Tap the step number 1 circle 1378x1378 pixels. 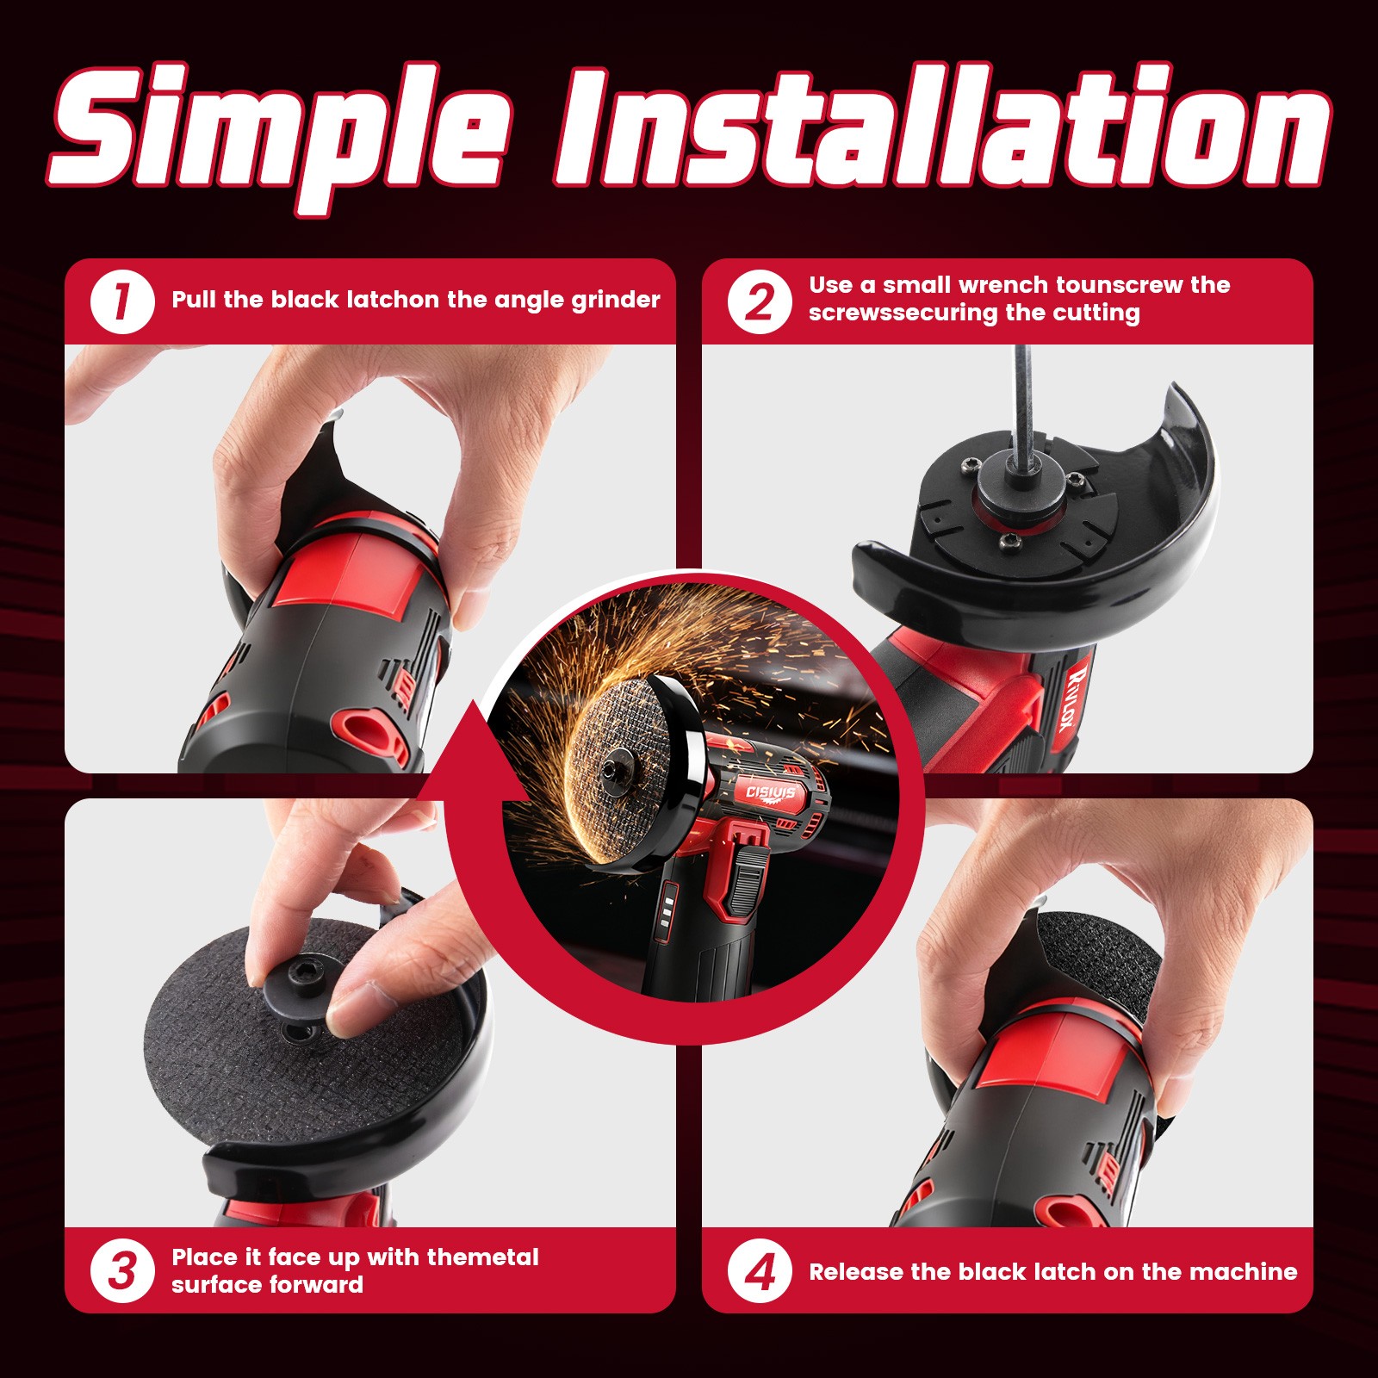[121, 301]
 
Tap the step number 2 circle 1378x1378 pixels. [759, 301]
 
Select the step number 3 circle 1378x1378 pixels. [121, 1271]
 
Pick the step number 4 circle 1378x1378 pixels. [759, 1271]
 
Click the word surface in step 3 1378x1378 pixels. [217, 1285]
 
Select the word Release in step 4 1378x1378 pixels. [856, 1272]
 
